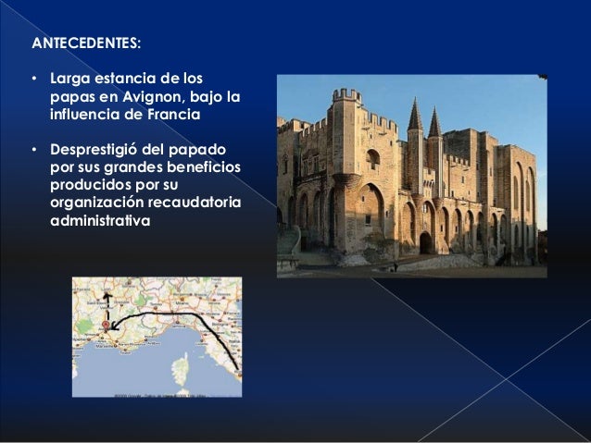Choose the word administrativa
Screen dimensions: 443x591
pyautogui.click(x=98, y=223)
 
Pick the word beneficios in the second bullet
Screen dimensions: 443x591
pyautogui.click(x=201, y=167)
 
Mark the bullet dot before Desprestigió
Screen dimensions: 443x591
pyautogui.click(x=33, y=149)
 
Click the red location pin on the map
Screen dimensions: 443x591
pyautogui.click(x=106, y=326)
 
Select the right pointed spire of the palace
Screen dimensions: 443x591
pyautogui.click(x=434, y=122)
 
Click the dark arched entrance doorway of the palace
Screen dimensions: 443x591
pyautogui.click(x=425, y=242)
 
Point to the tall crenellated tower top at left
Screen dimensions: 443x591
pyautogui.click(x=346, y=95)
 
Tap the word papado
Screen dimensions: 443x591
pyautogui.click(x=210, y=149)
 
